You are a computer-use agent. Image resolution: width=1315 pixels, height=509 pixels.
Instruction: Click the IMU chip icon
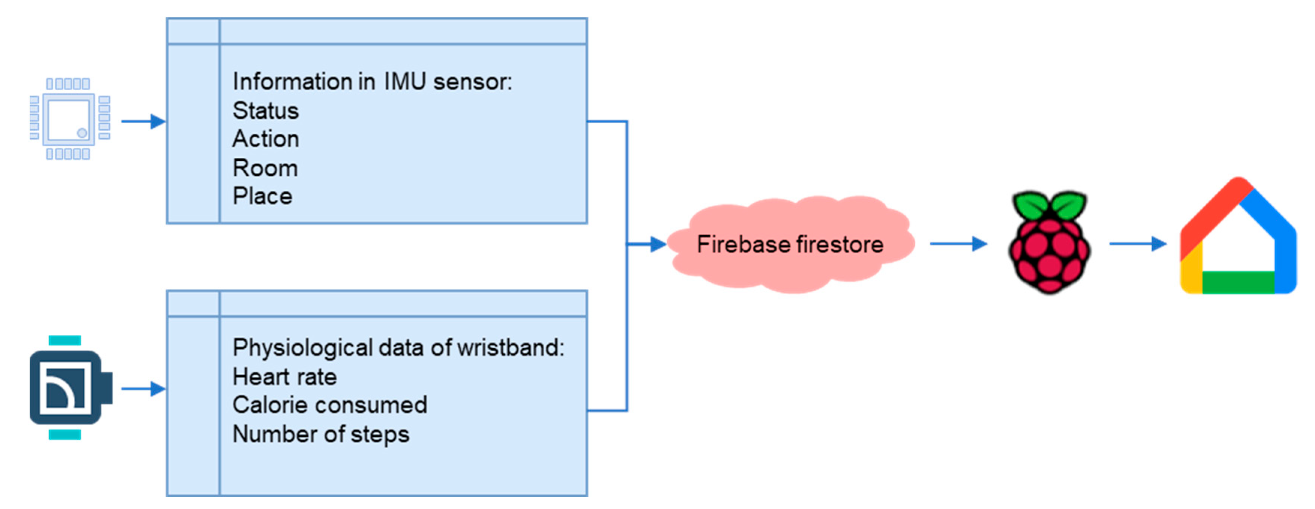click(69, 119)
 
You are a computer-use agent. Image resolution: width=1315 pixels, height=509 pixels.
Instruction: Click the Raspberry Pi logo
click(1050, 244)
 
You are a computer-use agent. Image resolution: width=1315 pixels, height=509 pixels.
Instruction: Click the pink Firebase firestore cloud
click(790, 244)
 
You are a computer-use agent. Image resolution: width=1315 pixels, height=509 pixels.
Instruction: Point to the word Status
click(265, 110)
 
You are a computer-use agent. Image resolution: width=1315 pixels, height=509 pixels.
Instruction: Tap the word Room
click(265, 168)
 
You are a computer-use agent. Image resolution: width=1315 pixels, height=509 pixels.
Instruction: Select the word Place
click(262, 196)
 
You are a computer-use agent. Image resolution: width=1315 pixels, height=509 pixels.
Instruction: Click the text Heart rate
click(285, 377)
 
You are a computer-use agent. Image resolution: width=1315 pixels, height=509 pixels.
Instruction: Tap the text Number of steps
click(321, 434)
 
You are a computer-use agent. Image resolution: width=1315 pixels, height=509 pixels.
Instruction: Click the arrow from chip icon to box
click(143, 121)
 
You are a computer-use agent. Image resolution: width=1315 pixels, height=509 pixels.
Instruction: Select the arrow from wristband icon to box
click(143, 389)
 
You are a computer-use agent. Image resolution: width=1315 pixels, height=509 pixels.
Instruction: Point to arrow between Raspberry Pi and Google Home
click(1137, 244)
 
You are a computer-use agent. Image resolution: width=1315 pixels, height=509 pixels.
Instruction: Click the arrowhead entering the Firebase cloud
click(659, 244)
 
